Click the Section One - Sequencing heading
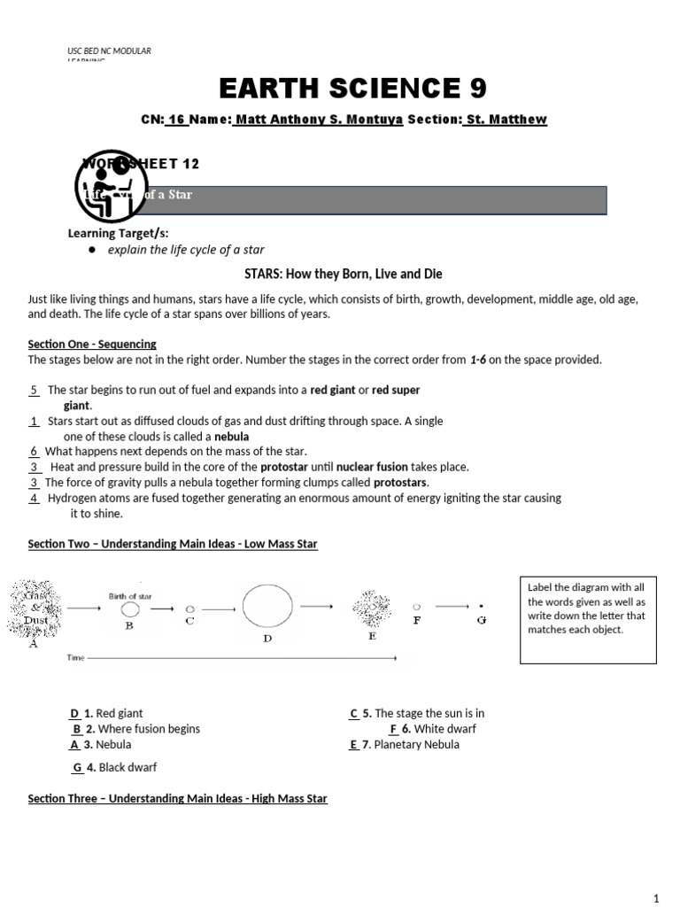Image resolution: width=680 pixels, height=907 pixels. click(x=92, y=344)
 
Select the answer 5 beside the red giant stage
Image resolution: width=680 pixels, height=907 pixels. click(x=34, y=390)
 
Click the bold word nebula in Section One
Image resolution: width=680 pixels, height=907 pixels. click(x=232, y=437)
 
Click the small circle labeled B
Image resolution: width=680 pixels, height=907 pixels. click(x=129, y=609)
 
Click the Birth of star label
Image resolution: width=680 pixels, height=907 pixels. click(x=131, y=596)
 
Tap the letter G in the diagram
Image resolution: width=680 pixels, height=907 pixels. click(x=481, y=620)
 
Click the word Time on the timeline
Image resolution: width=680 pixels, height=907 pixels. click(x=77, y=659)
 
